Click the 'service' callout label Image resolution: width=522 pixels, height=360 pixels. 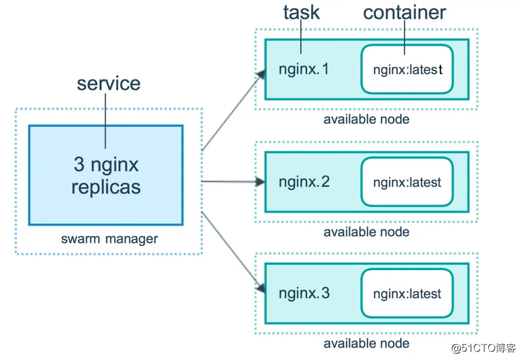(x=108, y=83)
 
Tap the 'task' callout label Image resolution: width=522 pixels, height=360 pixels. (x=301, y=12)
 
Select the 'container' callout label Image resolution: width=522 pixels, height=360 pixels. (x=405, y=12)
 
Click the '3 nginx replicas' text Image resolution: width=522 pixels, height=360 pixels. (x=106, y=175)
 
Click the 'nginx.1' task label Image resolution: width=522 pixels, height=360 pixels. (x=304, y=68)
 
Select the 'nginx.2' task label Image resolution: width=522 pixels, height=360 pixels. (x=304, y=181)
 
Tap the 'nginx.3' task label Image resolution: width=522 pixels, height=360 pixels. (x=304, y=293)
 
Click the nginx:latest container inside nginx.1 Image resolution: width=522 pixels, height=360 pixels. (x=407, y=69)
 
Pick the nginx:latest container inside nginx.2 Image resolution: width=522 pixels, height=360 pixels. (x=407, y=182)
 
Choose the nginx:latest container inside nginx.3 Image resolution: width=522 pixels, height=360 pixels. (x=407, y=293)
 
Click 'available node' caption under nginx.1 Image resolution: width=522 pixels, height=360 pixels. (x=366, y=119)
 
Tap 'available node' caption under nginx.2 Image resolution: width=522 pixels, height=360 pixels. (x=366, y=232)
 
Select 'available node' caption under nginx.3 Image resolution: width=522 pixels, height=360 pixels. (x=366, y=344)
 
